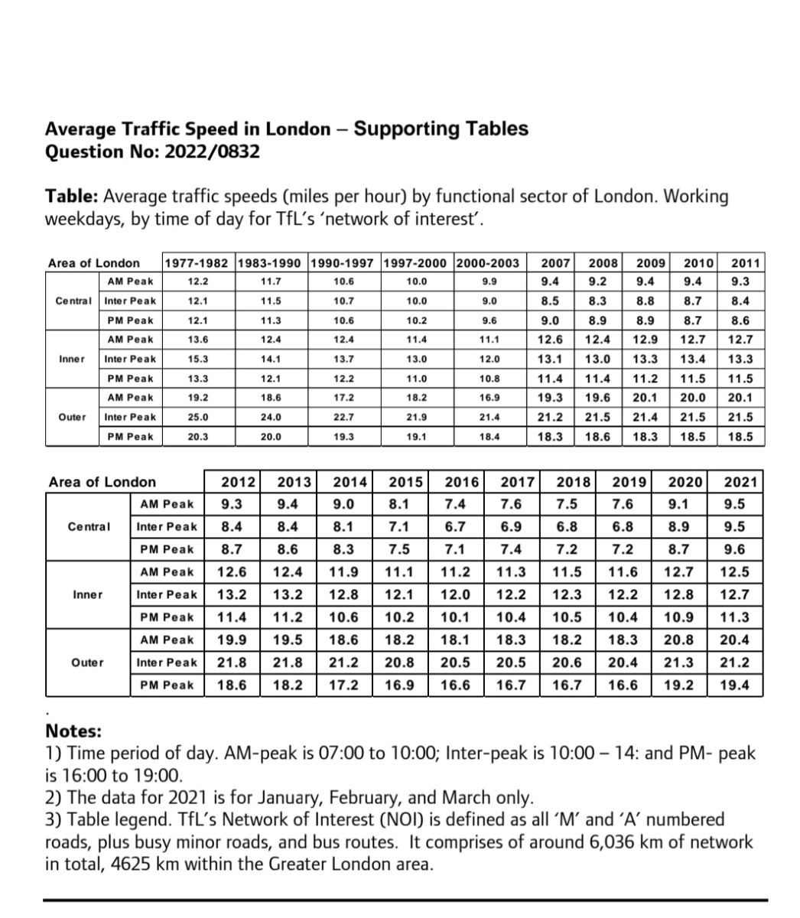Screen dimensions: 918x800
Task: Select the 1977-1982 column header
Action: coord(197,263)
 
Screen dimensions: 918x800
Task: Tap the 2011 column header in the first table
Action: coord(745,263)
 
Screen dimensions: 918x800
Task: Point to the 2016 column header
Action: coord(461,482)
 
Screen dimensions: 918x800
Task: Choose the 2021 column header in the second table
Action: coord(740,482)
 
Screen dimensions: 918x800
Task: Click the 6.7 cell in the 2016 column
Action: coord(456,526)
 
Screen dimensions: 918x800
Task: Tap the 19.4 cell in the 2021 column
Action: coord(735,685)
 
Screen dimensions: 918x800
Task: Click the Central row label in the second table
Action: coord(89,526)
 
